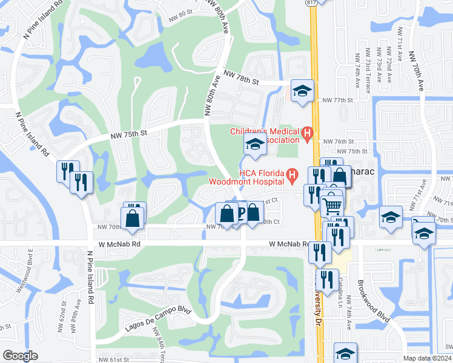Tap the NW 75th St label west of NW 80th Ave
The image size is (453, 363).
coord(129,133)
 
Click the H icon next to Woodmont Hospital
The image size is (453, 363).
coord(293,176)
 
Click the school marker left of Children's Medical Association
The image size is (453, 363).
coord(255,145)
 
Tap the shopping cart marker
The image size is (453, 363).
coord(332,205)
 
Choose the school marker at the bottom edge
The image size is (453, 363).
coord(345,354)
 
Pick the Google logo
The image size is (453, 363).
coord(20,356)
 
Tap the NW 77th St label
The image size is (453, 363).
coord(337,100)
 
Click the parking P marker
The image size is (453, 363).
coord(240,213)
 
